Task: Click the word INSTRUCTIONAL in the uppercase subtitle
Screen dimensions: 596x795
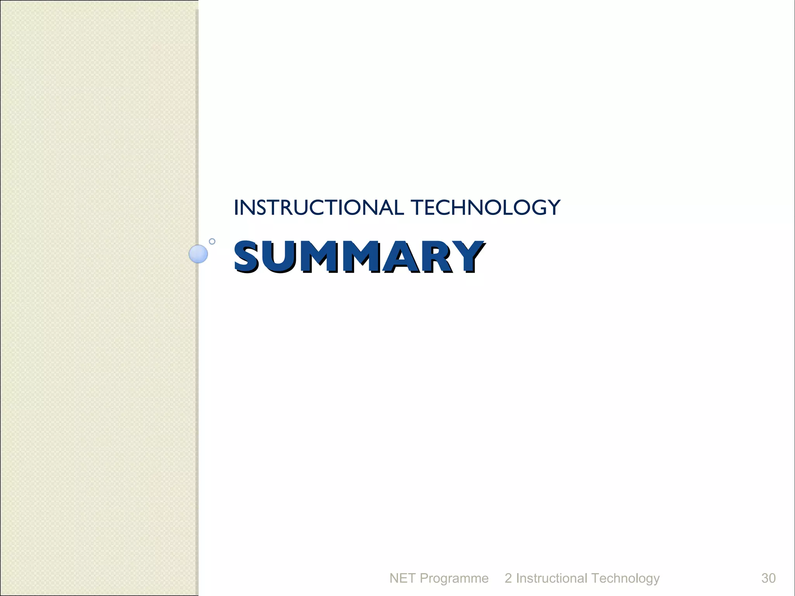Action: point(319,208)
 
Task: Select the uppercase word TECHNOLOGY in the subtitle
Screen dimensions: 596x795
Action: point(485,208)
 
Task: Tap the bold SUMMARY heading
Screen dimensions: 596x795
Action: point(359,256)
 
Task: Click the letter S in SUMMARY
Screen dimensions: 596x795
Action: point(247,256)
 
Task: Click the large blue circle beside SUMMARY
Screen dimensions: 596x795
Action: point(198,254)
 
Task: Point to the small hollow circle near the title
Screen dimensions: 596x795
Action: point(212,241)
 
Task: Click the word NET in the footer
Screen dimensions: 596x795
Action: point(402,578)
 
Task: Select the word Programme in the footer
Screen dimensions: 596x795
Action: point(454,579)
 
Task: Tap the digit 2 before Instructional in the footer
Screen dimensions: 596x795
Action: point(508,578)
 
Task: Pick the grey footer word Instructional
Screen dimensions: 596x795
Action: point(551,578)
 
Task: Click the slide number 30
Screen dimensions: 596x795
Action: point(768,578)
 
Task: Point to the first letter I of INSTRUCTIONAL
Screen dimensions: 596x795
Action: point(236,208)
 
